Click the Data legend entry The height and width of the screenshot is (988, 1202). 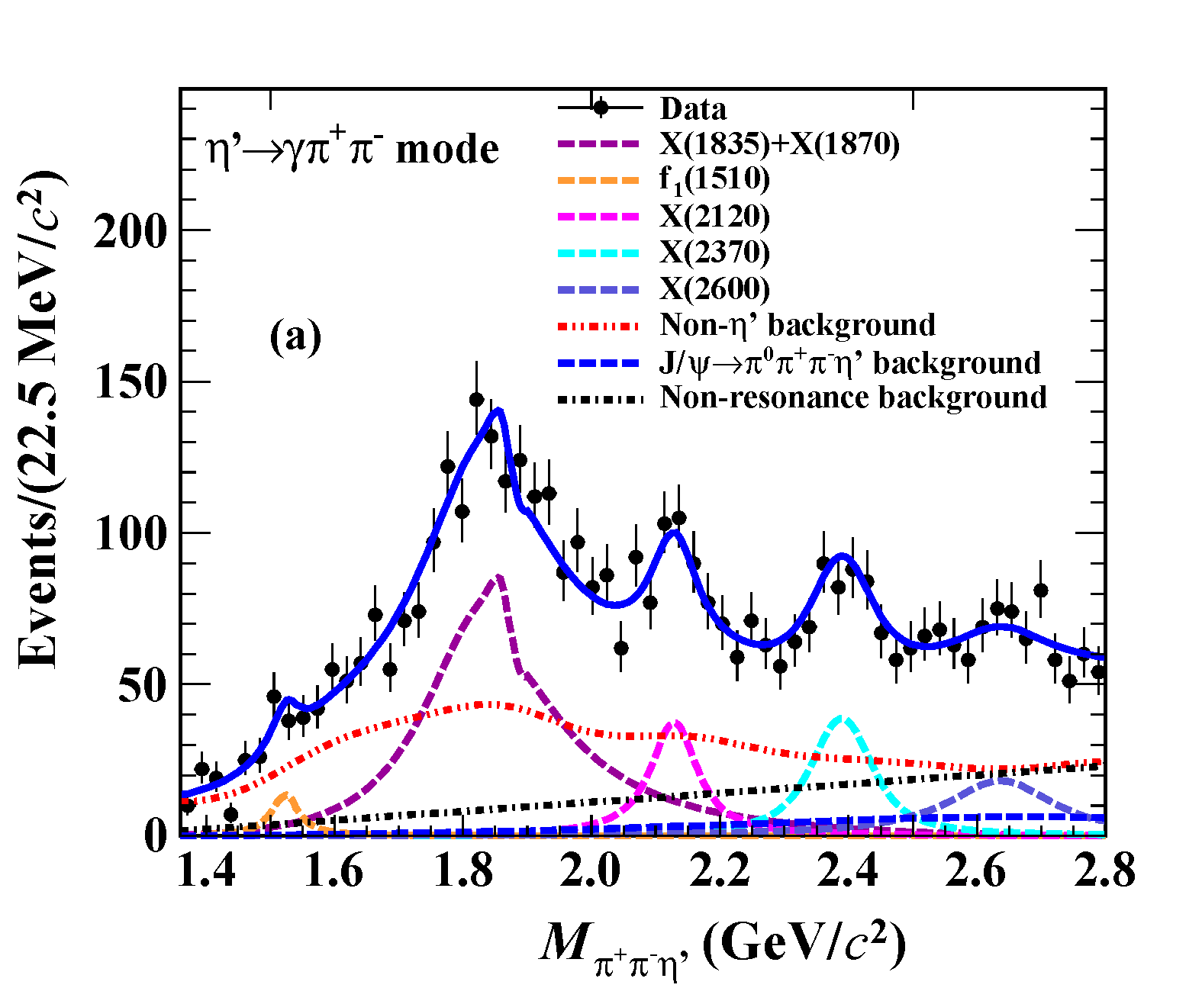point(692,108)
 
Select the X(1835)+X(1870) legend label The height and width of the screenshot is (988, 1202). point(779,143)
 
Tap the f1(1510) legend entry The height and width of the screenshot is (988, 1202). point(714,180)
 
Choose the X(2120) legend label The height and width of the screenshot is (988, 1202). point(714,217)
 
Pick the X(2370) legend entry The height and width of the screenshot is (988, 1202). point(714,253)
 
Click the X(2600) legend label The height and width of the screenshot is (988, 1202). point(714,288)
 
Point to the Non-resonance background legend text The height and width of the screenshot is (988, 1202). point(853,397)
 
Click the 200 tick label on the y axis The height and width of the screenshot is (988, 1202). point(130,230)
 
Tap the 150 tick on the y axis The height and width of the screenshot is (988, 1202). point(130,381)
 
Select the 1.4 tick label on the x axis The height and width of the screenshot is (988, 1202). point(206,871)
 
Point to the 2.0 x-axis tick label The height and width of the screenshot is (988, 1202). point(590,871)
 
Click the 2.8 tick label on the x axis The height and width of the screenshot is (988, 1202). point(1104,871)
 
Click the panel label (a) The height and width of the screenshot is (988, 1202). point(295,336)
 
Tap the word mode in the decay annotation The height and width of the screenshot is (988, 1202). point(447,150)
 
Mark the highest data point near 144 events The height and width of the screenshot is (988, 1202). point(476,399)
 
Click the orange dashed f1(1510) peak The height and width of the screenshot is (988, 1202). point(286,796)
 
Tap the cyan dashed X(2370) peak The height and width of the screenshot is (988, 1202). point(842,718)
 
